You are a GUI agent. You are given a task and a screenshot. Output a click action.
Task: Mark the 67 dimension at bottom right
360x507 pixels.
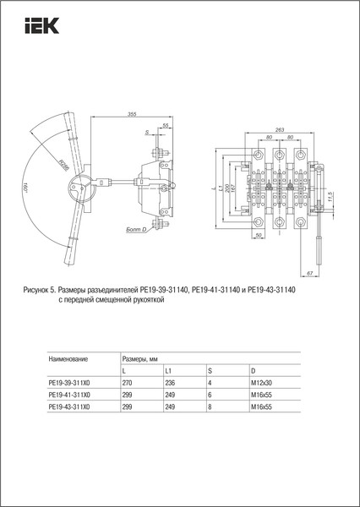tap(310, 275)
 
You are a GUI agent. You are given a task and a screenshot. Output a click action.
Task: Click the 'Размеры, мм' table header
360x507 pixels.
tap(141, 359)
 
